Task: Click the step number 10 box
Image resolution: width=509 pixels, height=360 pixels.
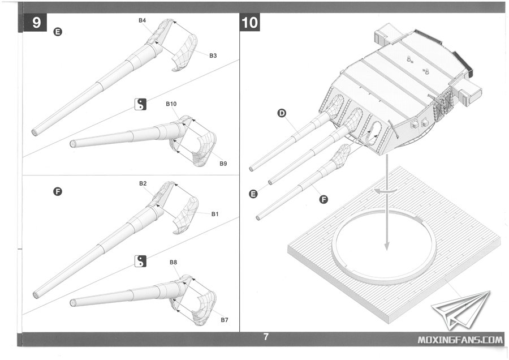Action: (249, 23)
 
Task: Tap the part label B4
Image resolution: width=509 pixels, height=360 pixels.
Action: (143, 20)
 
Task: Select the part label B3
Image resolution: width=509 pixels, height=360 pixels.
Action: (213, 55)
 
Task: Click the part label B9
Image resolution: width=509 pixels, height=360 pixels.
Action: (223, 164)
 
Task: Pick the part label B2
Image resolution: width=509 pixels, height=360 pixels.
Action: (143, 184)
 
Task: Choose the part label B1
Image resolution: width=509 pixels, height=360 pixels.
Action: (215, 214)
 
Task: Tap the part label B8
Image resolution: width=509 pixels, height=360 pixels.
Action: (173, 262)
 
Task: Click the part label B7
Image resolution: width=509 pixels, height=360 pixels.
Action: (225, 320)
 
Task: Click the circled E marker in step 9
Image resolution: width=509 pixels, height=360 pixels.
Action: (57, 32)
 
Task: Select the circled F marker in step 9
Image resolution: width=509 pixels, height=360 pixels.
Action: (57, 191)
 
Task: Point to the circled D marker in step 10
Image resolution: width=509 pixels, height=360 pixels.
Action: (282, 114)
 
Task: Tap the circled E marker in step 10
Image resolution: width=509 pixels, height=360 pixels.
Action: (253, 194)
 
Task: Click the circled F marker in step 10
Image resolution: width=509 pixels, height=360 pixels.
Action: (324, 199)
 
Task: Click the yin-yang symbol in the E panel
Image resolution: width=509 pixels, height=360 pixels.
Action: (140, 104)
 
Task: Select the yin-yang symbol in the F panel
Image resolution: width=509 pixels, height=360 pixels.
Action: (140, 261)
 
